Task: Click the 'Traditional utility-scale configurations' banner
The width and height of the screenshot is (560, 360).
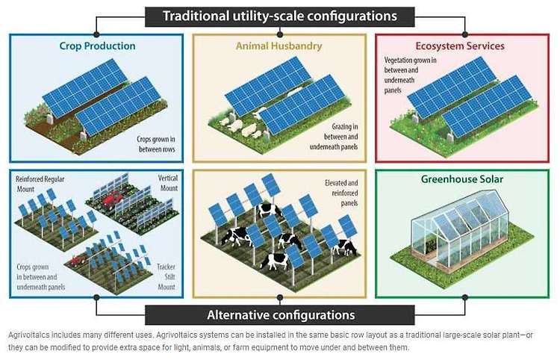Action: tap(279, 16)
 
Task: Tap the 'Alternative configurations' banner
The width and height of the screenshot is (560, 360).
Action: tap(279, 314)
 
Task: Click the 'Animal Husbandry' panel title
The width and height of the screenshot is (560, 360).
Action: tap(279, 46)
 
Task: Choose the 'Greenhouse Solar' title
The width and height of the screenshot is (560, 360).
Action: tap(463, 179)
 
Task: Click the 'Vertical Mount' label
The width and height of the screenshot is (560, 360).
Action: tap(164, 184)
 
